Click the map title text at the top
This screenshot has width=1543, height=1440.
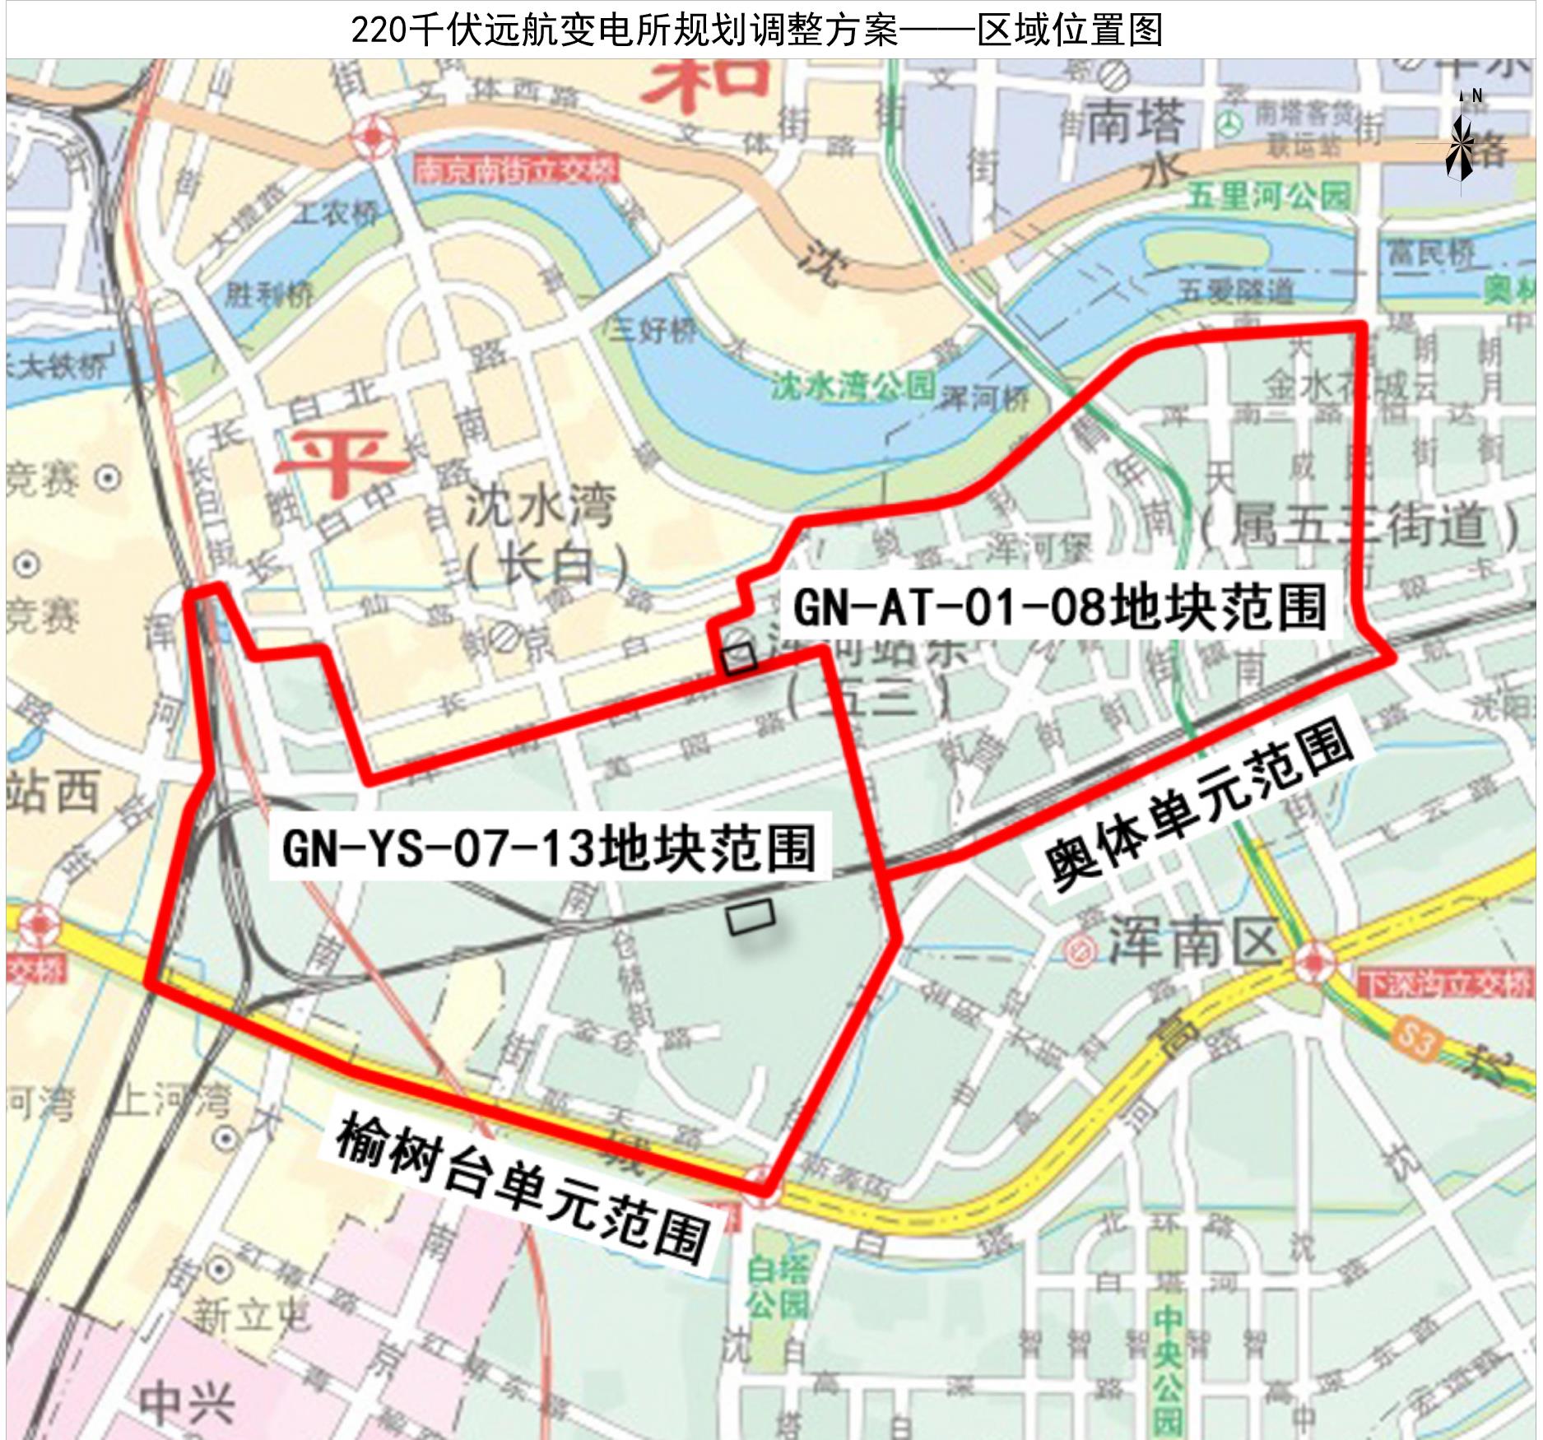(x=756, y=30)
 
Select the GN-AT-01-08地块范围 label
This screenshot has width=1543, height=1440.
(x=1059, y=608)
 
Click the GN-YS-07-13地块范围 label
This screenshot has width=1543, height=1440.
(x=549, y=848)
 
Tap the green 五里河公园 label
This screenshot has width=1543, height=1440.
(x=1268, y=196)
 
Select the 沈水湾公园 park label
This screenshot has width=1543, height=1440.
(x=852, y=385)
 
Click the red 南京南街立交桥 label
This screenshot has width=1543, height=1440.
(x=515, y=170)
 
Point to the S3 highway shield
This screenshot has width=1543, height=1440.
(x=1415, y=1041)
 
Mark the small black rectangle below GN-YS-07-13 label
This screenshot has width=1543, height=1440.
(x=751, y=916)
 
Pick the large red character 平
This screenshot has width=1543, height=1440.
(x=340, y=461)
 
